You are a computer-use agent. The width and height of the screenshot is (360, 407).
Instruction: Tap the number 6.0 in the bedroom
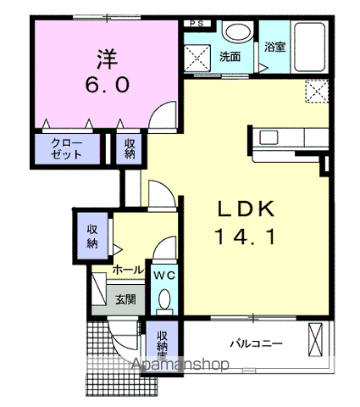pyautogui.click(x=105, y=86)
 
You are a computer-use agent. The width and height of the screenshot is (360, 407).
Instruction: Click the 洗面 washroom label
pyautogui.click(x=230, y=58)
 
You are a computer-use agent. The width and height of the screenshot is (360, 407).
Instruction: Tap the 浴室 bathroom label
pyautogui.click(x=274, y=47)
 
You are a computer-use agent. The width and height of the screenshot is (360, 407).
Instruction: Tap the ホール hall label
pyautogui.click(x=128, y=270)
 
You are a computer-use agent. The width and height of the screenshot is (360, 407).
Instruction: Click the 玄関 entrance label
pyautogui.click(x=125, y=298)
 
